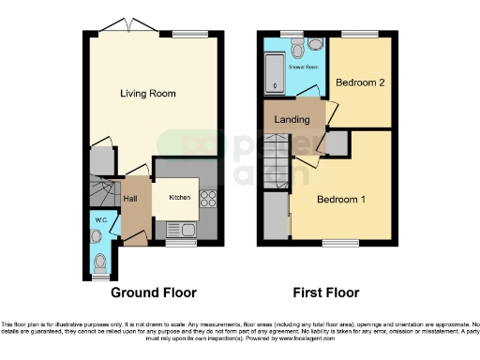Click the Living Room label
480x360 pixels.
tap(147, 94)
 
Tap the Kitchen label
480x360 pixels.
tap(179, 198)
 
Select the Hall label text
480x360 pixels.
tap(131, 199)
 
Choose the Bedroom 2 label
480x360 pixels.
tap(360, 82)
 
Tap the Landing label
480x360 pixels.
tap(292, 119)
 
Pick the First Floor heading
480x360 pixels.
tap(324, 292)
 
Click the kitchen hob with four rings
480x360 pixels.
tap(207, 200)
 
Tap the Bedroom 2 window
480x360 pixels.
tap(365, 34)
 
